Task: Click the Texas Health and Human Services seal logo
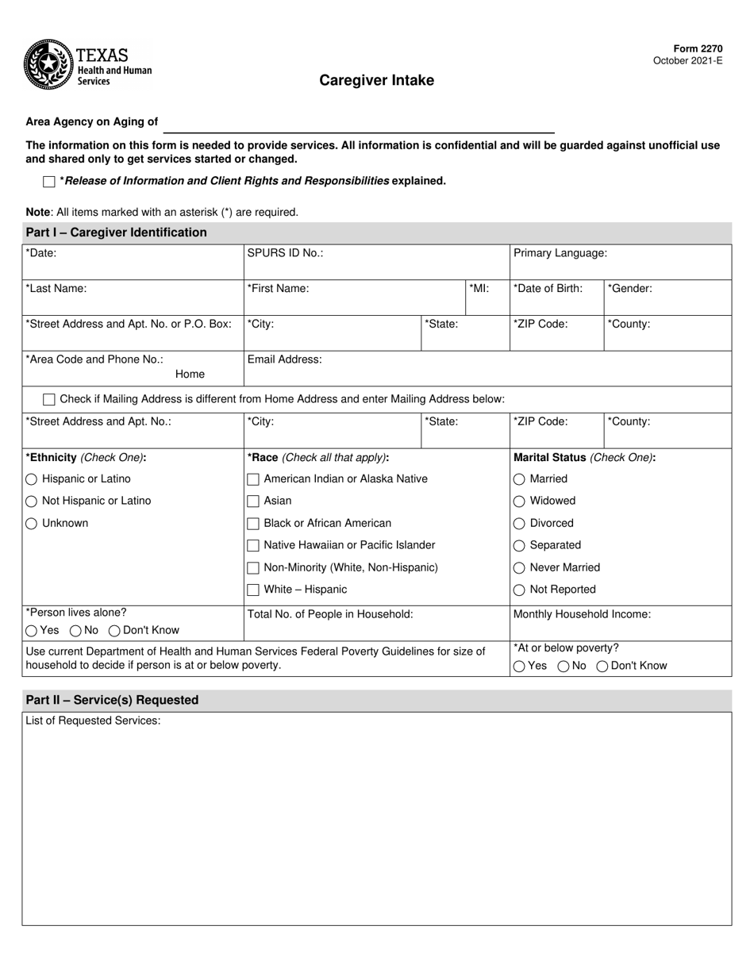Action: [48, 65]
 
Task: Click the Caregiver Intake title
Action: [376, 80]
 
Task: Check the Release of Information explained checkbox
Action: [49, 182]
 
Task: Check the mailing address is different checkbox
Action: [49, 399]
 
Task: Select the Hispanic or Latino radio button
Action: [32, 479]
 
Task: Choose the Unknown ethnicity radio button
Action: [32, 524]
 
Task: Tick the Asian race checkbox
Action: [253, 501]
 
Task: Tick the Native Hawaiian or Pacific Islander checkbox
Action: [253, 546]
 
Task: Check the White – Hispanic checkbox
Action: [253, 590]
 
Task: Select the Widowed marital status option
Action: [519, 501]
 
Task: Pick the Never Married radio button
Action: [519, 568]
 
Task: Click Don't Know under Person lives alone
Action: [114, 631]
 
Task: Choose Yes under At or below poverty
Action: [519, 667]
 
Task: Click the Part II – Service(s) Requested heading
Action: [112, 700]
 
